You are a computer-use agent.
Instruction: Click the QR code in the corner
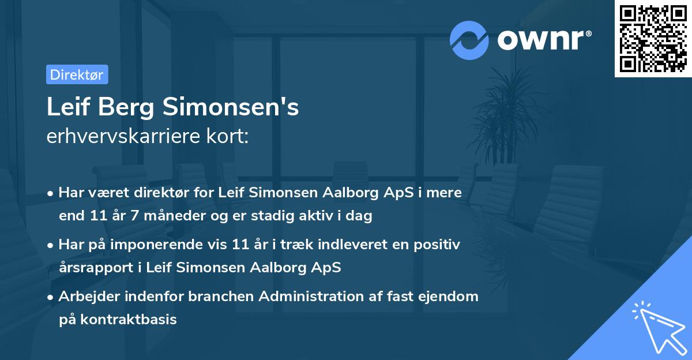point(653,39)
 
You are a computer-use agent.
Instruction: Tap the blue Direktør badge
point(77,74)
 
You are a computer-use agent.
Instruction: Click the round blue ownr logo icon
point(469,40)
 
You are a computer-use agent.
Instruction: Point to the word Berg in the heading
point(125,107)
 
